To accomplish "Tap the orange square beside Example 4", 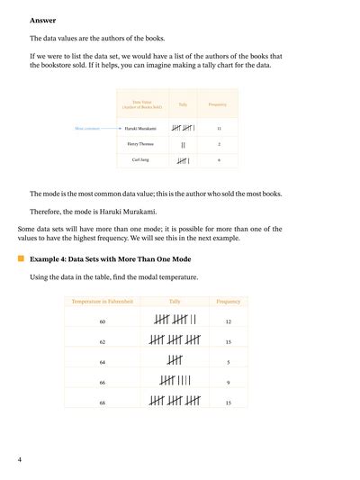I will (x=21, y=258).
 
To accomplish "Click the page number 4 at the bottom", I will (x=19, y=460).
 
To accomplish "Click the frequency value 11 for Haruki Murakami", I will (x=219, y=129).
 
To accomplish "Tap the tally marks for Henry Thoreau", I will (x=184, y=144).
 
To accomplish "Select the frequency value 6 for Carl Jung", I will (x=219, y=160).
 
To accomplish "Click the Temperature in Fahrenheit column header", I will (x=103, y=301).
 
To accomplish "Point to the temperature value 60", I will (x=103, y=322).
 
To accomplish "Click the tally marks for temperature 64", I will (x=175, y=362).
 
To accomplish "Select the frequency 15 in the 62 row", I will (x=229, y=342).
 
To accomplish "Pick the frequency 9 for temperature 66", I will (x=229, y=383).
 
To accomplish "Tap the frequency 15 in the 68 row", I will (x=229, y=403).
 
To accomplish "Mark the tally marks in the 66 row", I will (x=175, y=383).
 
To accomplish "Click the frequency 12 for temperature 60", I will (x=229, y=322).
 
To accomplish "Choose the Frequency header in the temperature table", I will (x=229, y=301).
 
